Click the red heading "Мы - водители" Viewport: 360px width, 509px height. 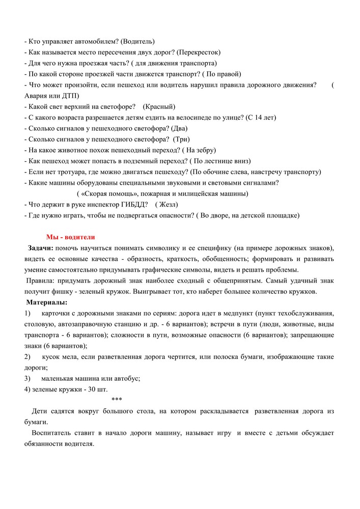tap(70, 237)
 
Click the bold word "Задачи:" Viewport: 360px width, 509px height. tap(40, 248)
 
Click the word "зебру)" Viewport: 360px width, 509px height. tap(205, 150)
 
